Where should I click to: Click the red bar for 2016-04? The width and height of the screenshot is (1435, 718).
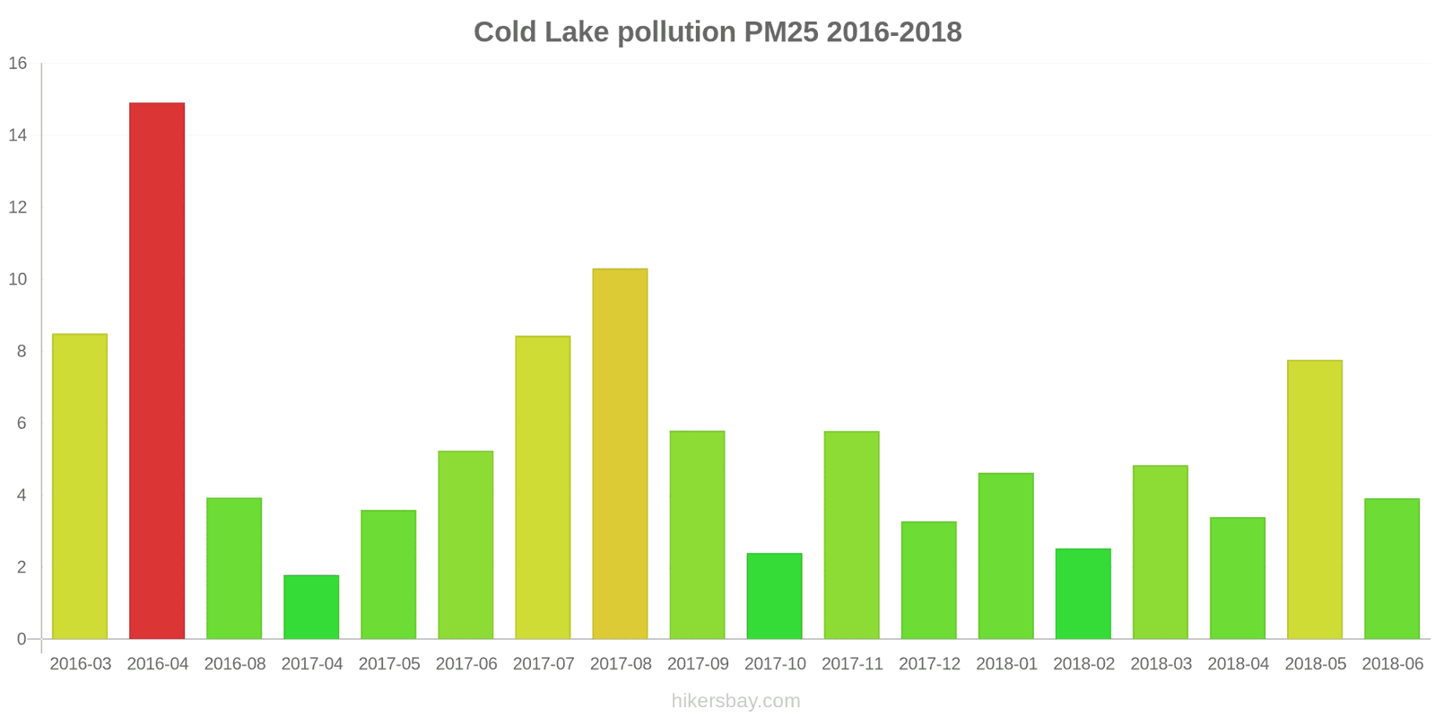pos(157,371)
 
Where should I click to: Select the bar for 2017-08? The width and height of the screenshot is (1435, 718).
pos(620,454)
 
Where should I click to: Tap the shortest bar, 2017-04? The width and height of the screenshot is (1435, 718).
pos(311,608)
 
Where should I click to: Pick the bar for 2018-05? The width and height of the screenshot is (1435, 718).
pos(1314,500)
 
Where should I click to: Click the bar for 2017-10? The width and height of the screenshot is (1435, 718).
pos(774,596)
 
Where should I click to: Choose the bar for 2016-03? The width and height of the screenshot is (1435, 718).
pos(80,486)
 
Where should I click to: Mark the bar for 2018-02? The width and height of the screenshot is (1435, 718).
pos(1083,594)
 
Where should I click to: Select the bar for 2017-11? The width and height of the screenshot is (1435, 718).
pos(851,536)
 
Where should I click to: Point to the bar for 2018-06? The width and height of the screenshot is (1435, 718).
pos(1391,569)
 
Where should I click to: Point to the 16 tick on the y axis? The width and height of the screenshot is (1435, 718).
pos(18,64)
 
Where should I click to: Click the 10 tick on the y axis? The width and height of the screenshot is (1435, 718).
pos(18,279)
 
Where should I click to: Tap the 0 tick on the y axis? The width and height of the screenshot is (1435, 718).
pos(22,639)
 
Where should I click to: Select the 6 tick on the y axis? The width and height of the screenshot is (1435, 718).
pos(22,424)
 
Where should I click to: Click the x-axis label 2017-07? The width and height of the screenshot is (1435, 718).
pos(544,664)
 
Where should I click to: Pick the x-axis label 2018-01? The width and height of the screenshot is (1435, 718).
pos(1006,664)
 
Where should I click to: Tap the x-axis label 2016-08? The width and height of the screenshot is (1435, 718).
pos(235,664)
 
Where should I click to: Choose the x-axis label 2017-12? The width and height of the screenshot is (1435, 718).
pos(929,664)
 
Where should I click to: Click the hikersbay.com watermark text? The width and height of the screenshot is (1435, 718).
pos(735,701)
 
